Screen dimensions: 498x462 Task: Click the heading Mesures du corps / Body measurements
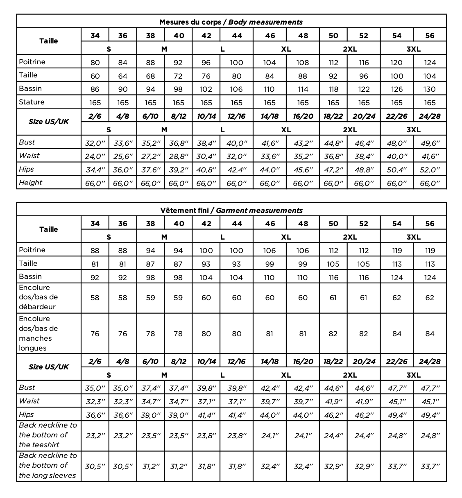coord(231,22)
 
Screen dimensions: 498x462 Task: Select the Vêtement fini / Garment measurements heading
coord(231,211)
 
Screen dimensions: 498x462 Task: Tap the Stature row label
coord(32,102)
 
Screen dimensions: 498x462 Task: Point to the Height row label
coord(30,183)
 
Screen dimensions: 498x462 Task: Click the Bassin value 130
coord(430,89)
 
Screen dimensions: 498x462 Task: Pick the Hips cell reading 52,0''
coord(430,170)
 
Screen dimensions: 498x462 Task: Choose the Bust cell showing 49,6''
coord(430,143)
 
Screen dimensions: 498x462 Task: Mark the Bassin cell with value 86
coord(95,89)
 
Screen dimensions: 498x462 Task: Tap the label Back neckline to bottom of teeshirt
coord(48,435)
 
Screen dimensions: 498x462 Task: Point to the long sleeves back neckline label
coord(48,466)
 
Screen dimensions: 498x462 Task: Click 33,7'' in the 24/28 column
coord(430,466)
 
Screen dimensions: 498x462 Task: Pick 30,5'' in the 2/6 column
coord(95,466)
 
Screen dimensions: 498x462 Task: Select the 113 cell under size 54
coord(397,264)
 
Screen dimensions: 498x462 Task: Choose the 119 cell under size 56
coord(430,251)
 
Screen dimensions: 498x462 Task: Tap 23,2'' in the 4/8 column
coord(123,435)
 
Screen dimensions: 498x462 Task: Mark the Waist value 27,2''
coord(150,156)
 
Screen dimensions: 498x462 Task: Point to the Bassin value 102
coord(206,89)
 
